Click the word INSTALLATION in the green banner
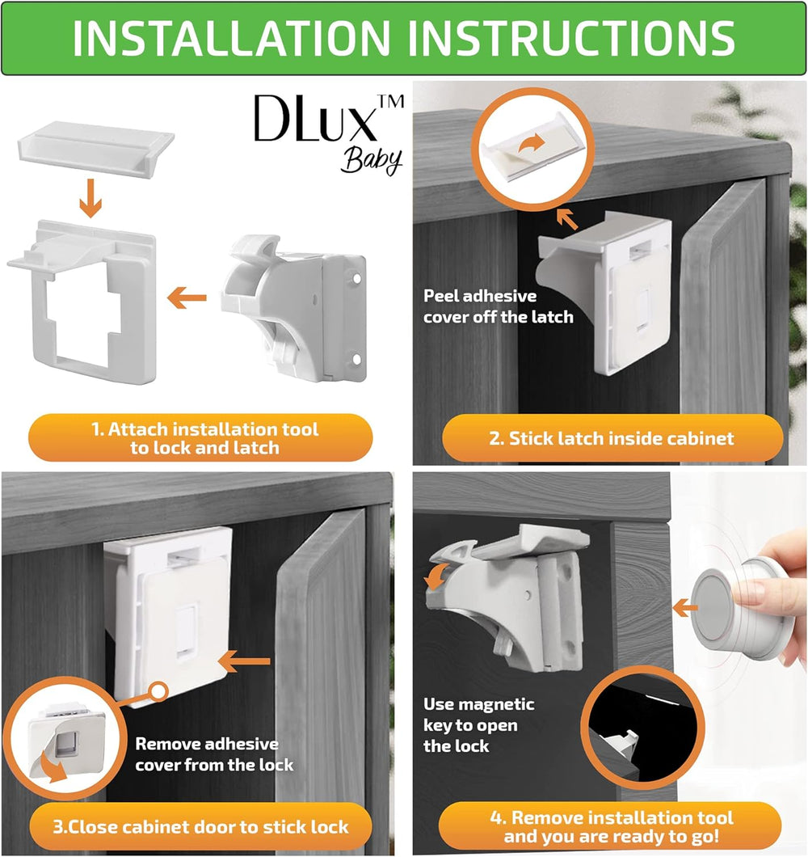tap(231, 38)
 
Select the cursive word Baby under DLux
tap(372, 161)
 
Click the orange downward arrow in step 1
tap(90, 198)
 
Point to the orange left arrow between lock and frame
tap(187, 298)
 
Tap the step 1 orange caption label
tap(200, 437)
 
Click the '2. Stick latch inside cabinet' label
tap(612, 438)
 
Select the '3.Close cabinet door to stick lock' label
tap(200, 826)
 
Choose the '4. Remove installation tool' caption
tap(610, 826)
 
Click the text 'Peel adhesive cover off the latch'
tap(499, 306)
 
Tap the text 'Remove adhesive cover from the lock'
tap(214, 754)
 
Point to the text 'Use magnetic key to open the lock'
tap(478, 724)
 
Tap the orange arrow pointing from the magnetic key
tap(685, 608)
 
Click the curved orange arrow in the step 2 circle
tap(532, 144)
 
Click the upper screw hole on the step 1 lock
tap(357, 279)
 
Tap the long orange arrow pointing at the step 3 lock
tap(245, 661)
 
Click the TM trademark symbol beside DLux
tap(391, 101)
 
